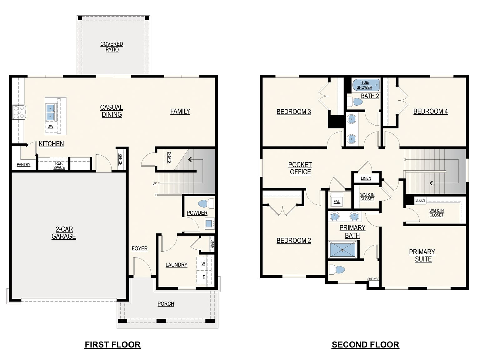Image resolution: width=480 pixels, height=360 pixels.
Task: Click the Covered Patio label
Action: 112,47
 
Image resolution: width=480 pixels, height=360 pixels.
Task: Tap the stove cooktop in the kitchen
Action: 18,112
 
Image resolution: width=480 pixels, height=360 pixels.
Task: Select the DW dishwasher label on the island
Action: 50,126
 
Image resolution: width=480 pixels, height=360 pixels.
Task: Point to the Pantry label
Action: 24,164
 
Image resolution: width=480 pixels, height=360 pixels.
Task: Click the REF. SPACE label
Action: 59,165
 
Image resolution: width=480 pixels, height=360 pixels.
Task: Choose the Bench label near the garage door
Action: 120,159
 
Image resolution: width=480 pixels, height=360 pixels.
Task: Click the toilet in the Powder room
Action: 206,203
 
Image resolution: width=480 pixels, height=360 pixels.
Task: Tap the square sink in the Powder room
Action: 209,224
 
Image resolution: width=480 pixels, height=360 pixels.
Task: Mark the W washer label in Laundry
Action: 203,264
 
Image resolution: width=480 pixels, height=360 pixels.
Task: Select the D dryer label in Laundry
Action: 204,277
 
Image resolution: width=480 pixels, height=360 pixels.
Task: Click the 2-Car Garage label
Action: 64,232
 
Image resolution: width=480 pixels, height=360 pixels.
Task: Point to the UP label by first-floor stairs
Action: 154,183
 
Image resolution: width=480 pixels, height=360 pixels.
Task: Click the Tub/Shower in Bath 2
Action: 366,85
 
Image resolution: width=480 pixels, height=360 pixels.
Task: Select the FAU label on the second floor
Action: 337,202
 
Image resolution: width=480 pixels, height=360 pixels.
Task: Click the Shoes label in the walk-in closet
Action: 420,200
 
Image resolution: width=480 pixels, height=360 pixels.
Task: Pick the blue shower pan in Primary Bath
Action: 342,250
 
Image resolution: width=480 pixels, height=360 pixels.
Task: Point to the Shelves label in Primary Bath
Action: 373,279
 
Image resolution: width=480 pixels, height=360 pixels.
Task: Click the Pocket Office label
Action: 300,168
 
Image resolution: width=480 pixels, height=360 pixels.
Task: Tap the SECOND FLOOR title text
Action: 365,345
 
